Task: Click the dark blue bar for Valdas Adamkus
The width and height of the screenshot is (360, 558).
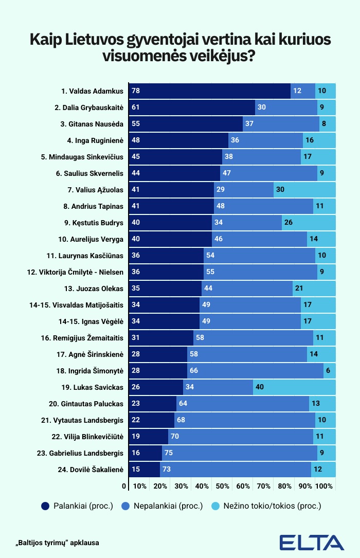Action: click(209, 91)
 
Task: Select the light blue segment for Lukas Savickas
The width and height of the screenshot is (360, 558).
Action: click(294, 387)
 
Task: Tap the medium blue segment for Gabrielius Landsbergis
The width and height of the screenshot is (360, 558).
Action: click(239, 453)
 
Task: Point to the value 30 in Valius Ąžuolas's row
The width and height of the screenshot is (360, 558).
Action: click(281, 190)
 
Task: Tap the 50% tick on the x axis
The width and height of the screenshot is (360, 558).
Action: click(222, 486)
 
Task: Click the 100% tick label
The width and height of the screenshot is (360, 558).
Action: click(324, 486)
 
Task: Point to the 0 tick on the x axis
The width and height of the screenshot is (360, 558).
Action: click(124, 486)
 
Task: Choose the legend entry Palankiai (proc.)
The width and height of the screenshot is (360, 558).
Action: click(77, 506)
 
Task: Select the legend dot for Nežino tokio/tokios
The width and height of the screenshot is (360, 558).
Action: click(218, 506)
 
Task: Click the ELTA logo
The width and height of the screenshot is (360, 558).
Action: click(312, 543)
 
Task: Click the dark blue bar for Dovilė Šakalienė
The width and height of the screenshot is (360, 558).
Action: click(144, 470)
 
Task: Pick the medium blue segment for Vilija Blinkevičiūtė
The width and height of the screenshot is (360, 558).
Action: click(240, 437)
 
